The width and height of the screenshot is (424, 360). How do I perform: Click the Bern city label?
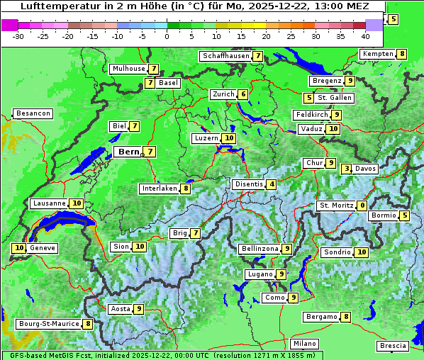click(128, 152)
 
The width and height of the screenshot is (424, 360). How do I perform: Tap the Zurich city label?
click(223, 94)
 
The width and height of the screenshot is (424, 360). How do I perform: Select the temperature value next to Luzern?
click(228, 138)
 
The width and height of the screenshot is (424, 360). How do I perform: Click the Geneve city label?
click(43, 248)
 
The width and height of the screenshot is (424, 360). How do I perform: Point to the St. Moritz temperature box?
click(362, 206)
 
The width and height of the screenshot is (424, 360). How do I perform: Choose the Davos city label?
click(365, 169)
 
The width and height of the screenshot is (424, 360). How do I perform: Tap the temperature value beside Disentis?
click(272, 184)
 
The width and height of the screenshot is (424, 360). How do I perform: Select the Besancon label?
click(33, 113)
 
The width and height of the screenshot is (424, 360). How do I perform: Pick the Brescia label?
click(393, 346)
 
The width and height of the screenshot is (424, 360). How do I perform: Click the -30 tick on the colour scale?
click(18, 35)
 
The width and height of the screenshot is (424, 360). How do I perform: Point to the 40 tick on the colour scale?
click(365, 35)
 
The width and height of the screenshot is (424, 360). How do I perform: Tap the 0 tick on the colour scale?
click(167, 35)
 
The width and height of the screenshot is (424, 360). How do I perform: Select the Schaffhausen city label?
click(225, 55)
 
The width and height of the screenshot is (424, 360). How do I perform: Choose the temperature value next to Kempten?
click(401, 54)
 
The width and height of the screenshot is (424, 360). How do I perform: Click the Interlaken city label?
click(159, 189)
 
